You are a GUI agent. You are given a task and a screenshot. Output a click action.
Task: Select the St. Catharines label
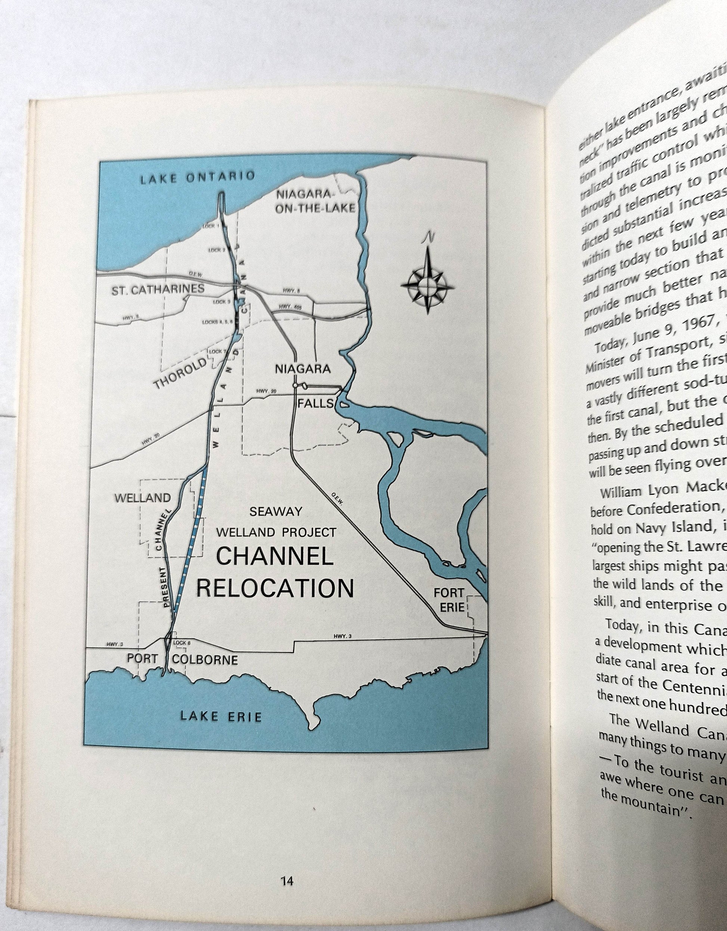click(158, 290)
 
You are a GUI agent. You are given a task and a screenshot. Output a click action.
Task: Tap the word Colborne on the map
click(205, 660)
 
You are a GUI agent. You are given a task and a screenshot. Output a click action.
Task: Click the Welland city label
click(142, 498)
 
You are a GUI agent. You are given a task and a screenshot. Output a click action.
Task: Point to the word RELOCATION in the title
click(275, 588)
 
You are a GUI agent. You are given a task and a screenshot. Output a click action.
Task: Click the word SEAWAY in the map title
click(276, 511)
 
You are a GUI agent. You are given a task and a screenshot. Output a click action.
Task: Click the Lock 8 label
click(180, 642)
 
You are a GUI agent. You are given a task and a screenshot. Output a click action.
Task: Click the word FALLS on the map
click(315, 403)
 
